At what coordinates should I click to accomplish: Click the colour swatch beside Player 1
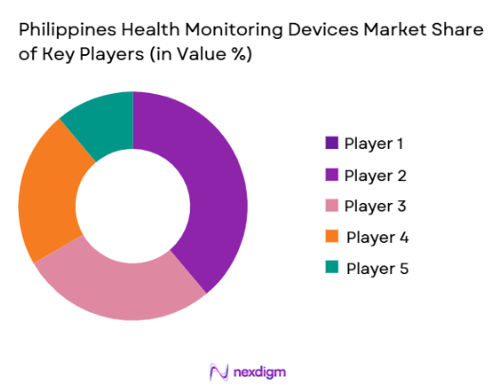pyautogui.click(x=331, y=144)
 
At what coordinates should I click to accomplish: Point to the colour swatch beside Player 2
pyautogui.click(x=331, y=175)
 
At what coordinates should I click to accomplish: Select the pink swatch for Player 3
pyautogui.click(x=331, y=206)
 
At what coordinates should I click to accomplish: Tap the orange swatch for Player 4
pyautogui.click(x=331, y=237)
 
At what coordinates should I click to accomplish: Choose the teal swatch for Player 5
pyautogui.click(x=331, y=268)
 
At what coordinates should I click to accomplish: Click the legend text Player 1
pyautogui.click(x=374, y=144)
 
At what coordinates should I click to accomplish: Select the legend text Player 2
pyautogui.click(x=376, y=175)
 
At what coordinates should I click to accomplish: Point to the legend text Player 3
pyautogui.click(x=376, y=206)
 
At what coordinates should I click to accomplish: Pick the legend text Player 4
pyautogui.click(x=377, y=237)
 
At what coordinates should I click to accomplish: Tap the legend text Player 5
pyautogui.click(x=377, y=268)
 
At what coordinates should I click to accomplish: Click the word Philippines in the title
pyautogui.click(x=65, y=29)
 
